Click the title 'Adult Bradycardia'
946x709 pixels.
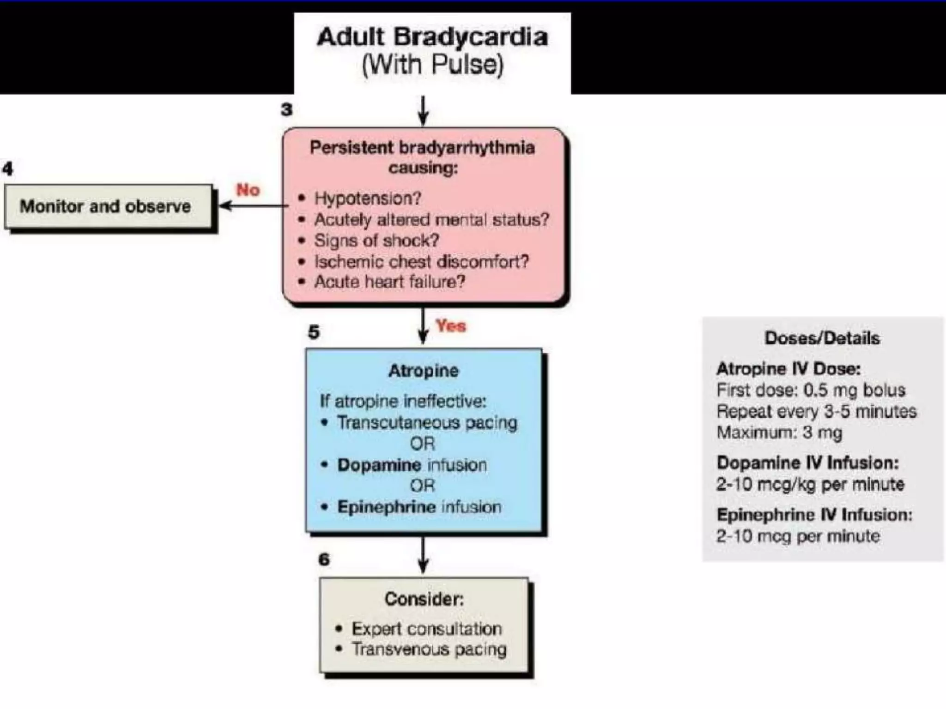tap(432, 37)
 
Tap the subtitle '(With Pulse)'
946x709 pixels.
tap(432, 65)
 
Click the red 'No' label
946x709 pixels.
tap(248, 190)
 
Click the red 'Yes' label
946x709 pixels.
tap(451, 326)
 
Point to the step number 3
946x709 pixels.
tap(287, 110)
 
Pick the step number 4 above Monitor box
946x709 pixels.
tap(8, 168)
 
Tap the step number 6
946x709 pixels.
tap(324, 559)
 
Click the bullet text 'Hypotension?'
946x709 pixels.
tap(368, 198)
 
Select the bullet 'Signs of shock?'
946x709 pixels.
tap(376, 240)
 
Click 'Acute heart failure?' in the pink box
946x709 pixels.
tap(389, 282)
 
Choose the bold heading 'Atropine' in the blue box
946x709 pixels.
tap(423, 371)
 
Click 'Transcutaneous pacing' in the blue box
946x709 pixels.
tap(427, 422)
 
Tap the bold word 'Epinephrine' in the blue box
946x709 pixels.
tap(386, 507)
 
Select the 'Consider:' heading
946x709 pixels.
tap(424, 599)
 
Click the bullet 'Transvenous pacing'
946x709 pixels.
tap(429, 649)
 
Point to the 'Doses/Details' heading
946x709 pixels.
tap(822, 338)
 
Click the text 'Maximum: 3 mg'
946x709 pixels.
tap(779, 433)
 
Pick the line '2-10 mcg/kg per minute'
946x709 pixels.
tap(810, 484)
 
